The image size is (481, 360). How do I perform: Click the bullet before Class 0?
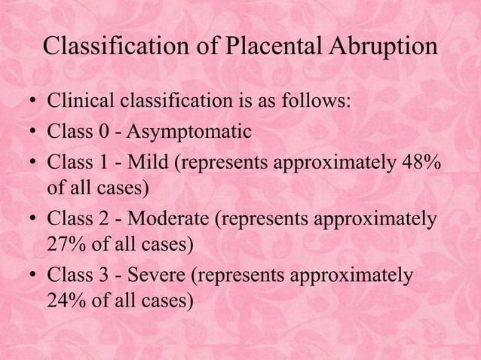(31, 134)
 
